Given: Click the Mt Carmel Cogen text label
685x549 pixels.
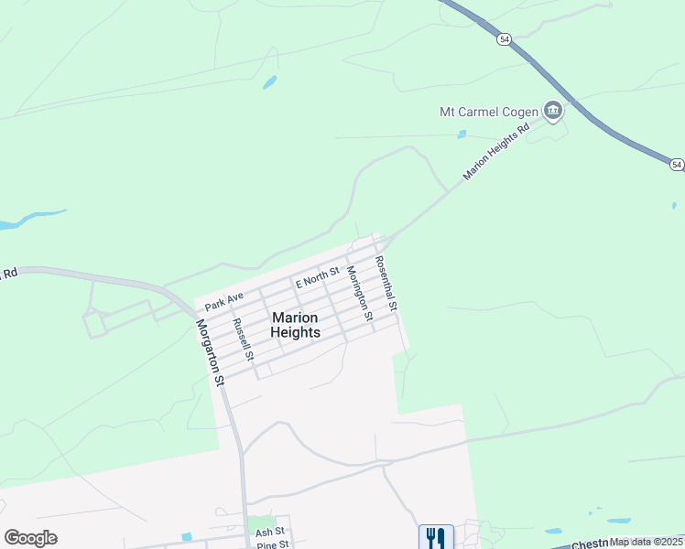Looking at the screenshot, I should pos(489,112).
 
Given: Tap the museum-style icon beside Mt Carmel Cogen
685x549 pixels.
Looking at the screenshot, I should pos(553,112).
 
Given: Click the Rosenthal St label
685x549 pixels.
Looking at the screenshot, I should pos(385,285).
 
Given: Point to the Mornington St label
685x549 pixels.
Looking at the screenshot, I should pos(358,294).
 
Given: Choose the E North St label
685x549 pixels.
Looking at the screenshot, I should pos(317,276).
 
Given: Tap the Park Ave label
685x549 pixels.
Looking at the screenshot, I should pos(224,300).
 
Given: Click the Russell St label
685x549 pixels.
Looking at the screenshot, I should pos(243,338).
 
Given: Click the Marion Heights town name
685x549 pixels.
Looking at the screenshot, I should pos(296,325).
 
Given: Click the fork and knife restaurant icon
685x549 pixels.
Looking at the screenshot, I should pos(436,537).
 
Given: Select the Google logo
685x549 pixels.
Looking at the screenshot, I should pos(30,538).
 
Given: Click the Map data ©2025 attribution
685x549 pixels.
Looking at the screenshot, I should pos(646,542).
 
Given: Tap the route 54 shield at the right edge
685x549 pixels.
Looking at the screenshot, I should pos(677,165).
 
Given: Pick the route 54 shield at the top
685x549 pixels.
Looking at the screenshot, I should pos(505,39).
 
